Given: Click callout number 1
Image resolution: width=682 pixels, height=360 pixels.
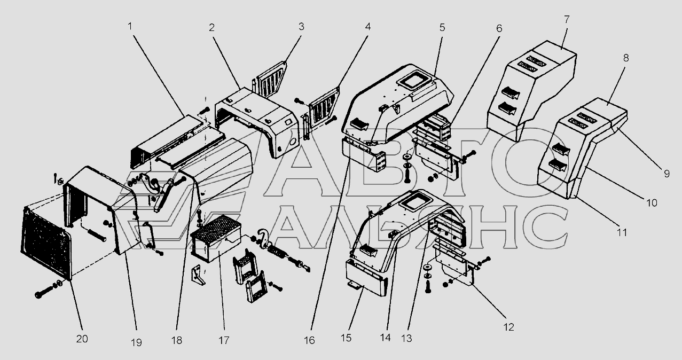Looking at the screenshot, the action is click(130, 27).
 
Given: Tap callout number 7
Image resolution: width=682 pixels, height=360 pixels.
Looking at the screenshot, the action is click(566, 19).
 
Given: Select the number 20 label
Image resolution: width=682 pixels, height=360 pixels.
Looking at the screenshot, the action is click(82, 339).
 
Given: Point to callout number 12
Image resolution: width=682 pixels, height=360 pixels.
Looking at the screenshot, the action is click(508, 327).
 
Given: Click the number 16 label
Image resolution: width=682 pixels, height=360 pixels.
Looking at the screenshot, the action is click(309, 340).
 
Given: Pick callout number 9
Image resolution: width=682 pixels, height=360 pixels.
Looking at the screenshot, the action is click(667, 174).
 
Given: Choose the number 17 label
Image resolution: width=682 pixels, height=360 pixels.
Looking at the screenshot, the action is click(224, 340).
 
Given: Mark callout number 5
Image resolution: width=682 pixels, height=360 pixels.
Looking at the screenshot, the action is click(442, 27).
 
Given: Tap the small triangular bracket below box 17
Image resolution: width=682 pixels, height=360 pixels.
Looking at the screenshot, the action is click(198, 276).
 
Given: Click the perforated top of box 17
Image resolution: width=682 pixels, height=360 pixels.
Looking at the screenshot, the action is click(215, 228).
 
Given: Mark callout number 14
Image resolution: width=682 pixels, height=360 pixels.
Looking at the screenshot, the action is click(385, 338).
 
